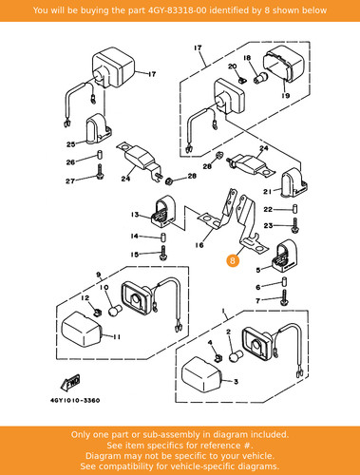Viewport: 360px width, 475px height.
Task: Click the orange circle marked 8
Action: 233,260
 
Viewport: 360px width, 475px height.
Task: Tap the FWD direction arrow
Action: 70,383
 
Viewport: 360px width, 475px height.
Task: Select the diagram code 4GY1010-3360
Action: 75,400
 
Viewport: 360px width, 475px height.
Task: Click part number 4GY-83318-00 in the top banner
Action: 178,10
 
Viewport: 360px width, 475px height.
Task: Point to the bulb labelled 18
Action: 260,78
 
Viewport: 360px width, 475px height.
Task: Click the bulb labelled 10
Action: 114,311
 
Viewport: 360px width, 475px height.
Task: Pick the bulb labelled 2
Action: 237,356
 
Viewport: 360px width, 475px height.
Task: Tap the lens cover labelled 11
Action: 82,330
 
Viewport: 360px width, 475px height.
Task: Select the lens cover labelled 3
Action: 201,375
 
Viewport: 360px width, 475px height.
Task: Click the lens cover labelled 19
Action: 284,65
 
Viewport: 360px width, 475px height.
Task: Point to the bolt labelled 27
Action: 100,172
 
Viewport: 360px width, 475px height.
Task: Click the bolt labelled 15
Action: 163,253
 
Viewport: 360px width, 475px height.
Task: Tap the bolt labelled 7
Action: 284,297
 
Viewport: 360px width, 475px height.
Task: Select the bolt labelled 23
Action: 295,225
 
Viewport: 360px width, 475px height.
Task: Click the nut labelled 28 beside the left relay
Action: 169,180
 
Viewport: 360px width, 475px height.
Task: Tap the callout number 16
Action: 199,245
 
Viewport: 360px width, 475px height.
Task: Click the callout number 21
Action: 268,192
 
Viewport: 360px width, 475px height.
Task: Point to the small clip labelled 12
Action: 98,313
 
